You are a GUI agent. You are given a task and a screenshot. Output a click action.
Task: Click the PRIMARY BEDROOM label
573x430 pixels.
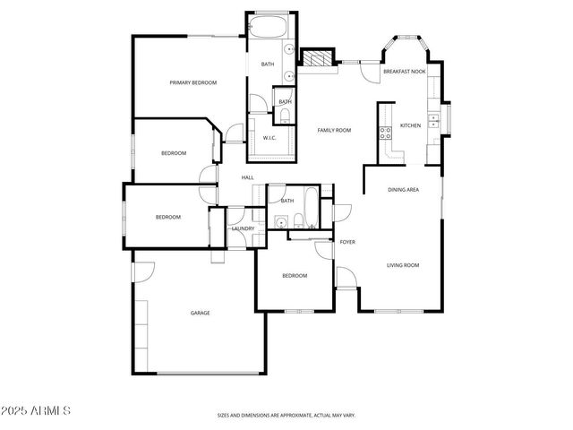(193, 82)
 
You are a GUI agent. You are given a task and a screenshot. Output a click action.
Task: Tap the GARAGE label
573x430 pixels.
(200, 313)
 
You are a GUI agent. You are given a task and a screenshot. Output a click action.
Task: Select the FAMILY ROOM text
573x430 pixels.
(334, 131)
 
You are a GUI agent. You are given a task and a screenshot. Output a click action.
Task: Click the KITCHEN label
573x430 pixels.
(410, 125)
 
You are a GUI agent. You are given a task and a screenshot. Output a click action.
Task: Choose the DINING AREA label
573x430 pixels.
(403, 190)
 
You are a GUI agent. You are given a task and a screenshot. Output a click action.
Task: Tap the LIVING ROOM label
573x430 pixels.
(403, 265)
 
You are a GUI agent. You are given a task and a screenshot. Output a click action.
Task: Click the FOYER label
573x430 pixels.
(347, 243)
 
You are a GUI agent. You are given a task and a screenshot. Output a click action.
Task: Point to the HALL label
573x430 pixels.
(247, 177)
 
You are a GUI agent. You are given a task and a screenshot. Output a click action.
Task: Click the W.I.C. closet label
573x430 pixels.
(269, 138)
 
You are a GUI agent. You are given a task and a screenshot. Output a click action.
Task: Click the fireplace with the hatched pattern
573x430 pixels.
(314, 58)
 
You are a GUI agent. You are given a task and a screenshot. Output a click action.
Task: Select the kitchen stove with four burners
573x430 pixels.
(386, 134)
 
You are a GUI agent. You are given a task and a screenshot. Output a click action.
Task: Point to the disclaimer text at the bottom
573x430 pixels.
(286, 416)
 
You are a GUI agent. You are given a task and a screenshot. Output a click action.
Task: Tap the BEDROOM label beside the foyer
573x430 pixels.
(295, 275)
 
